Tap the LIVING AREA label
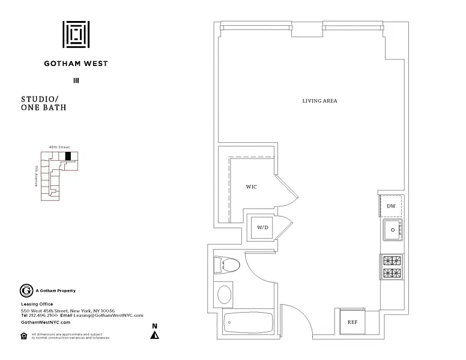click(x=319, y=101)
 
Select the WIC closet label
click(x=252, y=187)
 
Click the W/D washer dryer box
click(x=262, y=228)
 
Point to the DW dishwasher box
click(x=391, y=206)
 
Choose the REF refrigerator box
click(x=353, y=322)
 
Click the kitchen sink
click(x=393, y=229)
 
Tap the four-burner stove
click(x=392, y=266)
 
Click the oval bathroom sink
click(x=224, y=294)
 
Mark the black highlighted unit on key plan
click(x=68, y=156)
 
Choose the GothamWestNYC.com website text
click(x=46, y=322)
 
